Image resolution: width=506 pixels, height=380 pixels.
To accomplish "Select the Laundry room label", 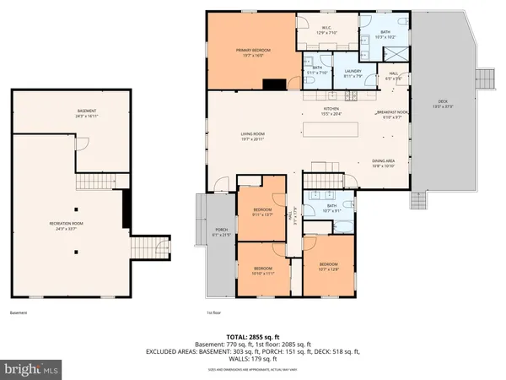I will click(x=353, y=73).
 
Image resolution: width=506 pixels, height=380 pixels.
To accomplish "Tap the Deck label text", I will click(x=442, y=105).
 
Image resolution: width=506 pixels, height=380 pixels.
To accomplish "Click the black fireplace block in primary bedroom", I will click(x=274, y=84).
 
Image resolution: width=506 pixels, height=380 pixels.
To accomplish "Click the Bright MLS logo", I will click(x=32, y=369).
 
